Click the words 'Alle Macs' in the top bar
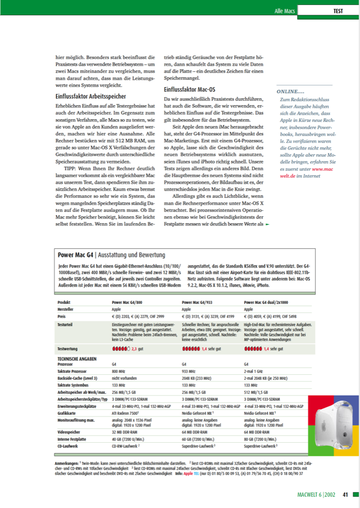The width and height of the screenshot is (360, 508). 286,11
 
